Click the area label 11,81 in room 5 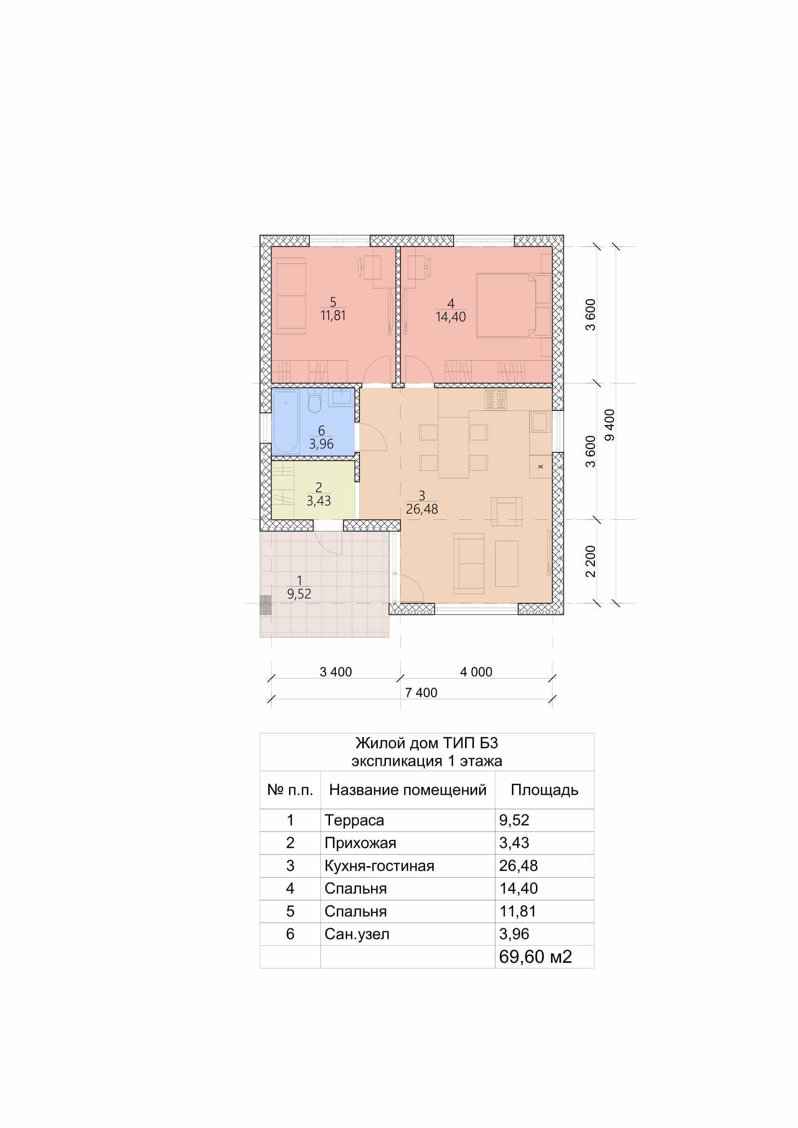point(333,315)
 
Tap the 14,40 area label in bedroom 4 point(451,317)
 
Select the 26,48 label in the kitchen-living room point(422,509)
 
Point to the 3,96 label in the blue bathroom point(321,444)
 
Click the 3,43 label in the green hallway point(318,501)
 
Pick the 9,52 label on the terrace point(299,594)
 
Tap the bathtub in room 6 point(286,421)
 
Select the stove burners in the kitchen point(496,399)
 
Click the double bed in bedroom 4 point(507,306)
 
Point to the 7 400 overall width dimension point(421,693)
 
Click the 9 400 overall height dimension point(610,424)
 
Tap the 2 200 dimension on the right point(591,561)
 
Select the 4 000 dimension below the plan point(476,672)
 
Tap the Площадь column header point(544,790)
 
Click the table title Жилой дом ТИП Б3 point(427,742)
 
